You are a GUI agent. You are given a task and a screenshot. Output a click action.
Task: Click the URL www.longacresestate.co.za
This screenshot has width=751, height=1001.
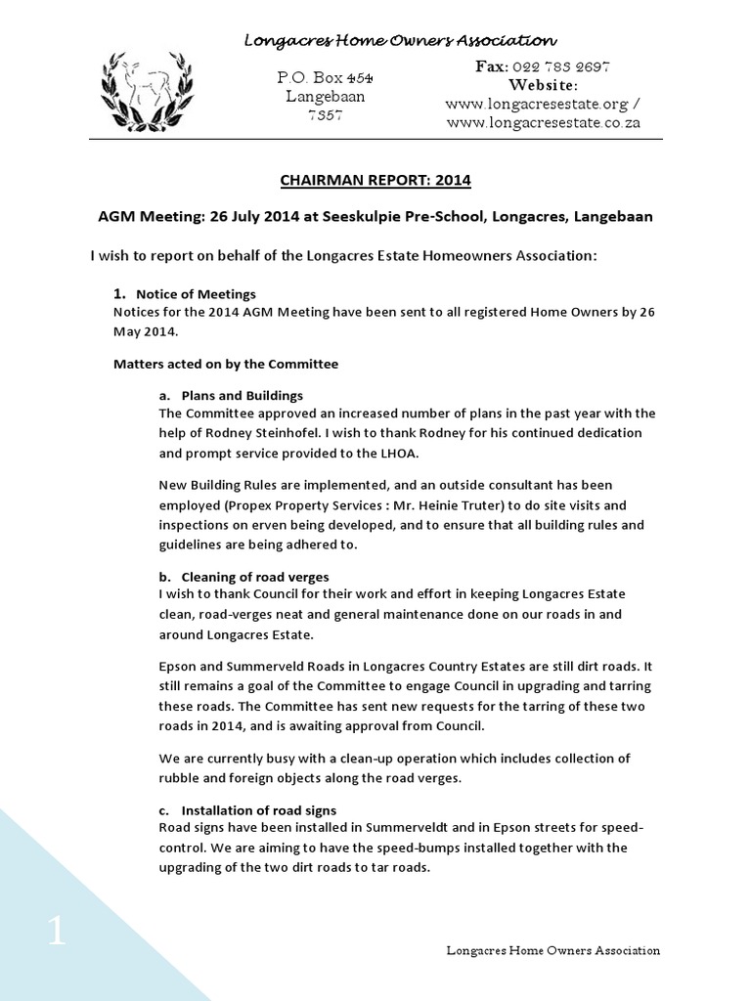(x=544, y=123)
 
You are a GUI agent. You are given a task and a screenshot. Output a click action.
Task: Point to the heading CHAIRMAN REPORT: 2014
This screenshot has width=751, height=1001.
(x=375, y=180)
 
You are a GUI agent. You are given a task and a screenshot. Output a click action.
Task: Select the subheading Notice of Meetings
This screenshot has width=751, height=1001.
(x=196, y=294)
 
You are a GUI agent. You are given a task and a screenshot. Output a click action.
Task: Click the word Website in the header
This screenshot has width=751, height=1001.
(x=545, y=85)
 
